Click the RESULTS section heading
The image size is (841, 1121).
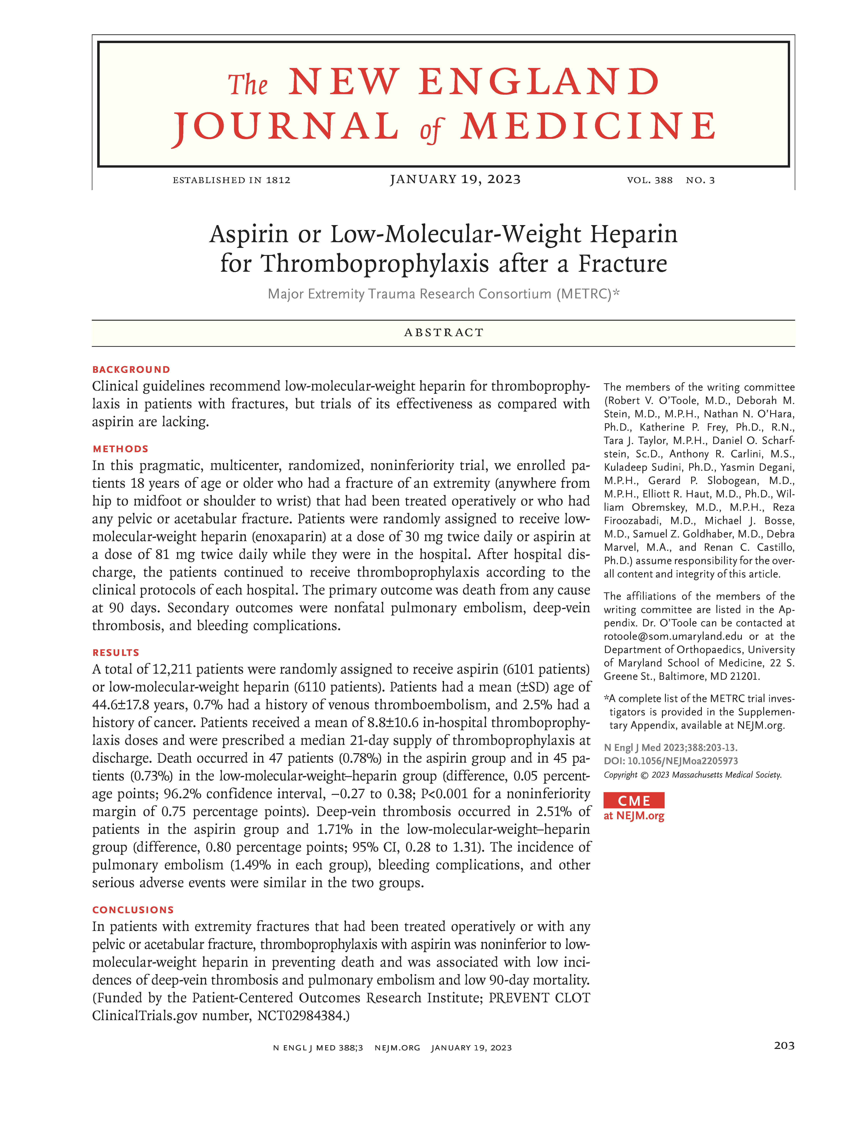tap(116, 653)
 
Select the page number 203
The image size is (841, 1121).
tap(784, 1046)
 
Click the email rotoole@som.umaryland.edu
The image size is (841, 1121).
tap(673, 636)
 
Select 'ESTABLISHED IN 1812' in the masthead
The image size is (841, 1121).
tap(232, 180)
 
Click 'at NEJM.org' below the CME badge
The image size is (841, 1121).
tap(634, 816)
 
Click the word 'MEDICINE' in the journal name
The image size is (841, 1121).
tap(588, 127)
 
